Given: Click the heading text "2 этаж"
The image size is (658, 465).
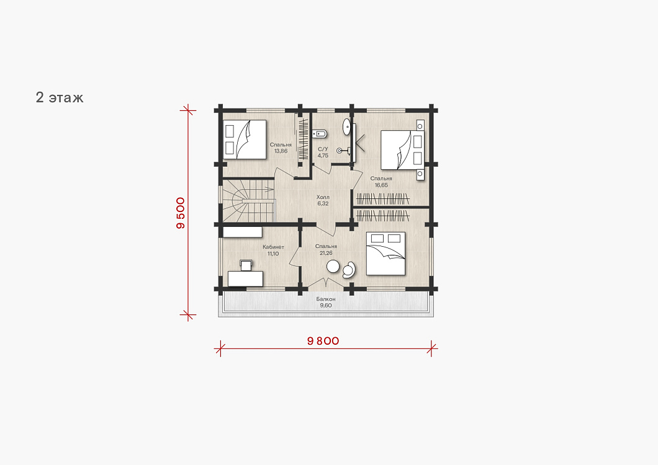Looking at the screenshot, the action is pos(60,97).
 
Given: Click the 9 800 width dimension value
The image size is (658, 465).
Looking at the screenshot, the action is pos(323,341).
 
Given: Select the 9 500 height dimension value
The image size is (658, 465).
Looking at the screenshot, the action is pos(181,213).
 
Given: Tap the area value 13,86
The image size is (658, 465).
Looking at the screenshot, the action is pos(281,151).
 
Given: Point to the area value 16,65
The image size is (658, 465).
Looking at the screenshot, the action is pos(381,185).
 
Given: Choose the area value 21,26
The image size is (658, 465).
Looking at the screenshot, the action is pos(326,253).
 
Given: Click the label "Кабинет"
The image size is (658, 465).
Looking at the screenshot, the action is pos(273,247).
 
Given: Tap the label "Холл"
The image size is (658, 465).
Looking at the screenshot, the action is pos(323,197).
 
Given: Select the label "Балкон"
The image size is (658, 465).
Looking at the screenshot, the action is pos(326,299).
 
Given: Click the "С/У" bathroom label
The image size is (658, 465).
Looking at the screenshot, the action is pos(323,149).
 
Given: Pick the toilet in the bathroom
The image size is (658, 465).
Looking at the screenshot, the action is pos(319,134).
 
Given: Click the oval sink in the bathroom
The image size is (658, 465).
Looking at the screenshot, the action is pos(347,126).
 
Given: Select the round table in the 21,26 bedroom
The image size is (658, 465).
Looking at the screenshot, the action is pos(333,266).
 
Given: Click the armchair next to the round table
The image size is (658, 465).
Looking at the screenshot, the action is pos(349,270).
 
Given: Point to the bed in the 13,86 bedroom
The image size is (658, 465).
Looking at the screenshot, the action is pos(245,139).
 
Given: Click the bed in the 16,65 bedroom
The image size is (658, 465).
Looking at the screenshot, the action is pos(402,150).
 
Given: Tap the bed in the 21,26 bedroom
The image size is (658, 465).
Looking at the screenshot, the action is pos(385,253).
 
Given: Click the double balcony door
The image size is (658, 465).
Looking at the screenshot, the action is pos(326,283).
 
